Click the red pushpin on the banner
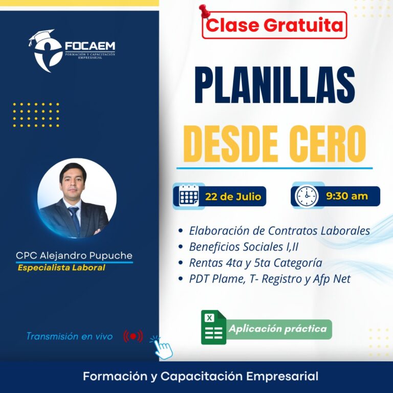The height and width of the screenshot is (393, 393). (x=204, y=12)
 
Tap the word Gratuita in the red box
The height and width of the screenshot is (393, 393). (x=303, y=25)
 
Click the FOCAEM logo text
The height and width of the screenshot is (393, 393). (x=90, y=46)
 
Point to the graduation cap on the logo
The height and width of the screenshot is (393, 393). (x=41, y=36)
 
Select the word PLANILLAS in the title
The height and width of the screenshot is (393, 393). (x=275, y=85)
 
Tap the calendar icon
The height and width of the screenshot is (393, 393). (x=189, y=195)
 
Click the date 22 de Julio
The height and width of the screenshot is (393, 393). (x=233, y=196)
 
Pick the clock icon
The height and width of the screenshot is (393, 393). (x=307, y=196)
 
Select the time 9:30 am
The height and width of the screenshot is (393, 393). (x=347, y=196)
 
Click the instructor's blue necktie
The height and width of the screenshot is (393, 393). (x=75, y=220)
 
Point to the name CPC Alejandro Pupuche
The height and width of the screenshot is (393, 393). (x=74, y=255)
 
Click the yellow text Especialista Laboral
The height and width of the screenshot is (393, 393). (x=61, y=268)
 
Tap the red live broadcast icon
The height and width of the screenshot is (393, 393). (x=133, y=336)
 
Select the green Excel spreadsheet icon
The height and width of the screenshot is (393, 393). (x=213, y=327)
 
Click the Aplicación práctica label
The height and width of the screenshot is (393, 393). (x=278, y=329)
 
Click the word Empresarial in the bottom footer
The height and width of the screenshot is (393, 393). (x=282, y=376)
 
